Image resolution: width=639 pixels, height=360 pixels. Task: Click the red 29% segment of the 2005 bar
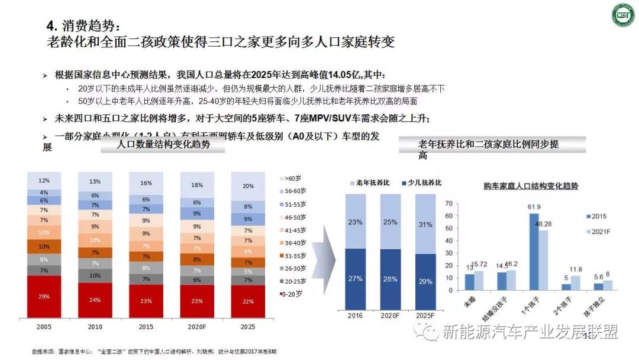coord(44,296)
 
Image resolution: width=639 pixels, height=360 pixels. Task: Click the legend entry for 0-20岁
coord(292,292)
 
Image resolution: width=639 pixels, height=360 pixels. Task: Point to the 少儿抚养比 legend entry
coord(421,183)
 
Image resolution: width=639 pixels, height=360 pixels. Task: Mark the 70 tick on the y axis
coord(448,203)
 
